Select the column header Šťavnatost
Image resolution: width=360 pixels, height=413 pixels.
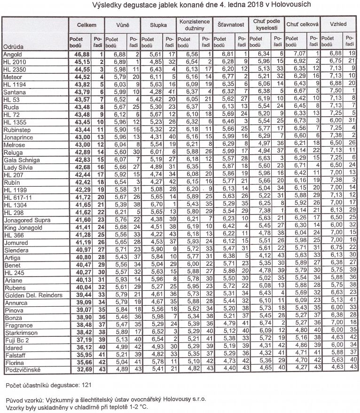tap(230, 24)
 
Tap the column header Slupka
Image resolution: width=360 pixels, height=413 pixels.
tap(158, 24)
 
